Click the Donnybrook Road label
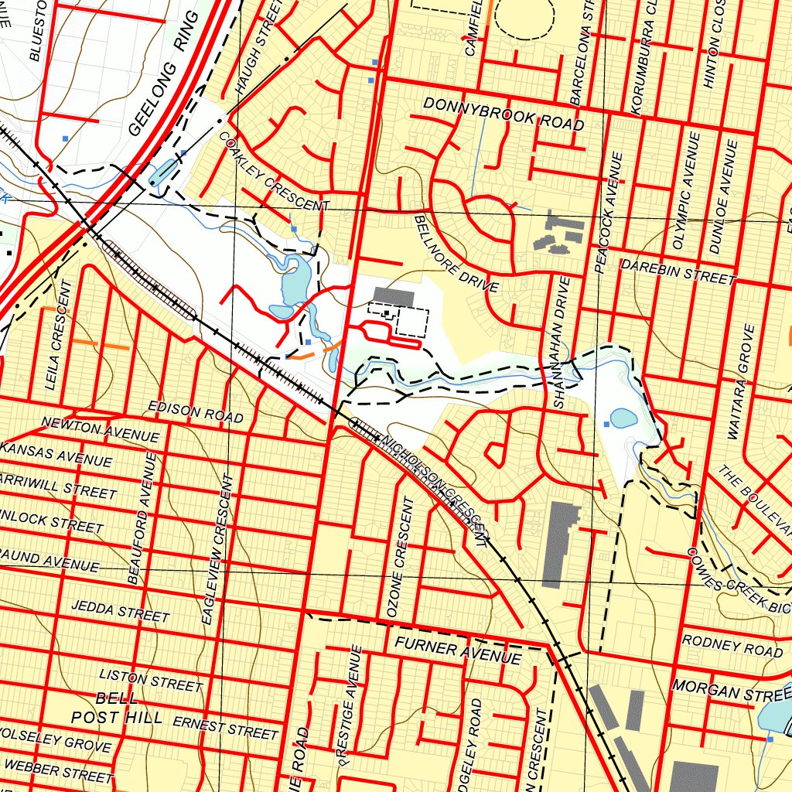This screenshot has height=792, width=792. click(503, 114)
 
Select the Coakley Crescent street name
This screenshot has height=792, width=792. click(275, 175)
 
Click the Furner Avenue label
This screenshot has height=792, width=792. click(457, 651)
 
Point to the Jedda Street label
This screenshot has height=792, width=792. click(120, 611)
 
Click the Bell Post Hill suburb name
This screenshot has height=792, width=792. click(116, 708)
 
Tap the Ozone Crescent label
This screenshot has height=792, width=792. click(401, 556)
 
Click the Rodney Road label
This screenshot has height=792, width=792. click(732, 646)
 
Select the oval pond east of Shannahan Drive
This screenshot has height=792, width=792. click(623, 418)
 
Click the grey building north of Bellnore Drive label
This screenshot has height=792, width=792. click(394, 296)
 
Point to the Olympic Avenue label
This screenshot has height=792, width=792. click(685, 190)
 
